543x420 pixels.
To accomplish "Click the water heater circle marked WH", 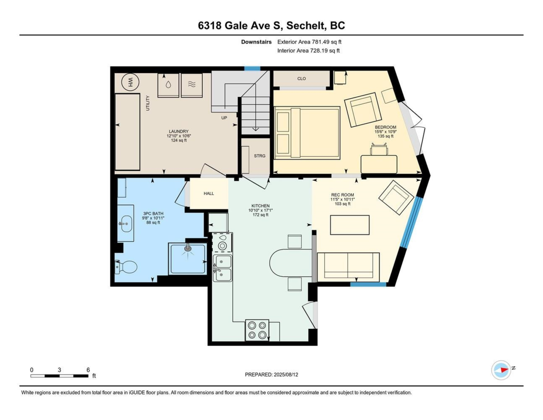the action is [130, 82].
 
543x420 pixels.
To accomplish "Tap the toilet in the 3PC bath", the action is [126, 267].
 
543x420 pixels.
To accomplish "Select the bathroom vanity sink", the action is [126, 223].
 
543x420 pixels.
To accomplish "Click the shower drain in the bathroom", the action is [188, 248].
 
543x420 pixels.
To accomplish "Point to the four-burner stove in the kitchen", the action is [257, 330].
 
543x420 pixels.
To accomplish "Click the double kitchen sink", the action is [222, 268].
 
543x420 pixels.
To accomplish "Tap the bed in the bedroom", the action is [307, 133].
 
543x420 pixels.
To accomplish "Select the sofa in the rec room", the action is [348, 267].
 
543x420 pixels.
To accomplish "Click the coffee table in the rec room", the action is [350, 225].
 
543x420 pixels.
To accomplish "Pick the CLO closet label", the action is [301, 78].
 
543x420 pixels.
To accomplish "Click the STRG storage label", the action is [259, 156].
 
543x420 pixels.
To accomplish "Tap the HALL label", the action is [209, 193].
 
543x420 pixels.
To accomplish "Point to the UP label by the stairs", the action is [224, 117].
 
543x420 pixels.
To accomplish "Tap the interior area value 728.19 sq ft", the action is [324, 51].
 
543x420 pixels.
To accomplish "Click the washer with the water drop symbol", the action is [168, 85].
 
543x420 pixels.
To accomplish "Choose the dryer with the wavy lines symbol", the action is [192, 85].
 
